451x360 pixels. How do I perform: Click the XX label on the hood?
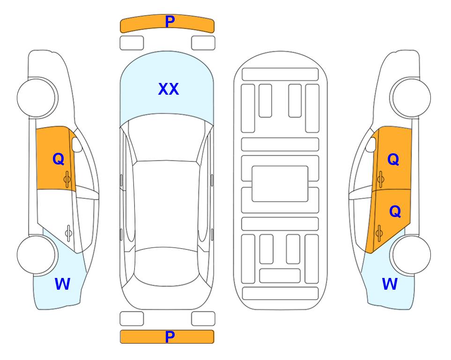169,89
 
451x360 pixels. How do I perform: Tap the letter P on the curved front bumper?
170,22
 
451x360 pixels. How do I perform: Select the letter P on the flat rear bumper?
170,337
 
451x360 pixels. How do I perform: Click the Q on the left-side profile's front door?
59,159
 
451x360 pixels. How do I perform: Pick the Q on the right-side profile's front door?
393,159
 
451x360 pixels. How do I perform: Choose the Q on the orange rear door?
395,212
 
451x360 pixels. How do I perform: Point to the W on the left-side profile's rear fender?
62,284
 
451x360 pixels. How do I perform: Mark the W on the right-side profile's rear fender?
390,284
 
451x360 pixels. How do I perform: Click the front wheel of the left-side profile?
37,98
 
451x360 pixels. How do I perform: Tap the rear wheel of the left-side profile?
37,255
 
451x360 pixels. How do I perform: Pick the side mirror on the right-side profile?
371,144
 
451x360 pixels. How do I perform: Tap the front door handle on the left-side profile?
67,179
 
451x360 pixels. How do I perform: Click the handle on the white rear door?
68,232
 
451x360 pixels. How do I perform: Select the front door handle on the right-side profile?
380,179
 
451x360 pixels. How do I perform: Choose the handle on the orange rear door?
379,232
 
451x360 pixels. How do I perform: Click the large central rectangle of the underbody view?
280,184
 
